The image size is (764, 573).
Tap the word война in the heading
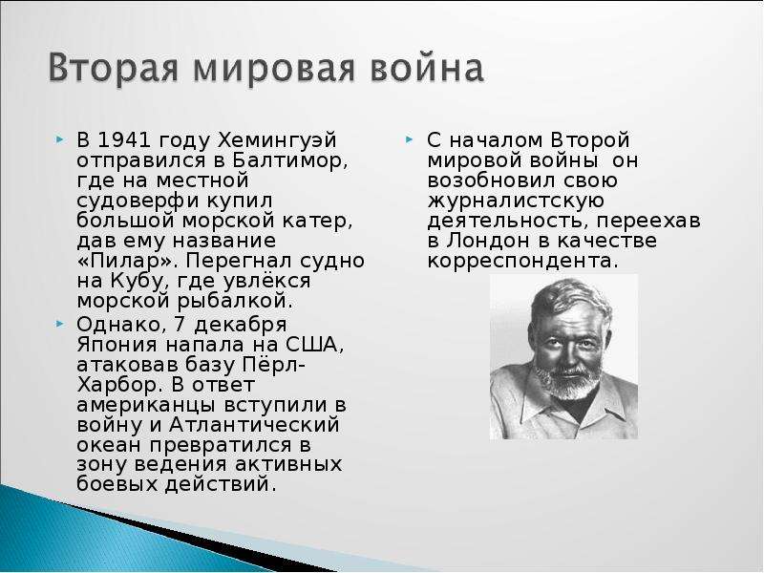point(427,67)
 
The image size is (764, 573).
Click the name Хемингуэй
point(277,141)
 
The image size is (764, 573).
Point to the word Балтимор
point(290,160)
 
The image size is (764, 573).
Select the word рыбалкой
point(235,302)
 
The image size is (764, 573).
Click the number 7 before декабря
point(181,325)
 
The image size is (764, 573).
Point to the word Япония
point(117,345)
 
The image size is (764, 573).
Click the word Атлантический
point(254,425)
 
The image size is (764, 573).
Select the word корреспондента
point(522,262)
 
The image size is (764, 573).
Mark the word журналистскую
point(516,202)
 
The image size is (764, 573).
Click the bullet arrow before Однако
point(59,324)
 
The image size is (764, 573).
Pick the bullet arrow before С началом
point(410,139)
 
